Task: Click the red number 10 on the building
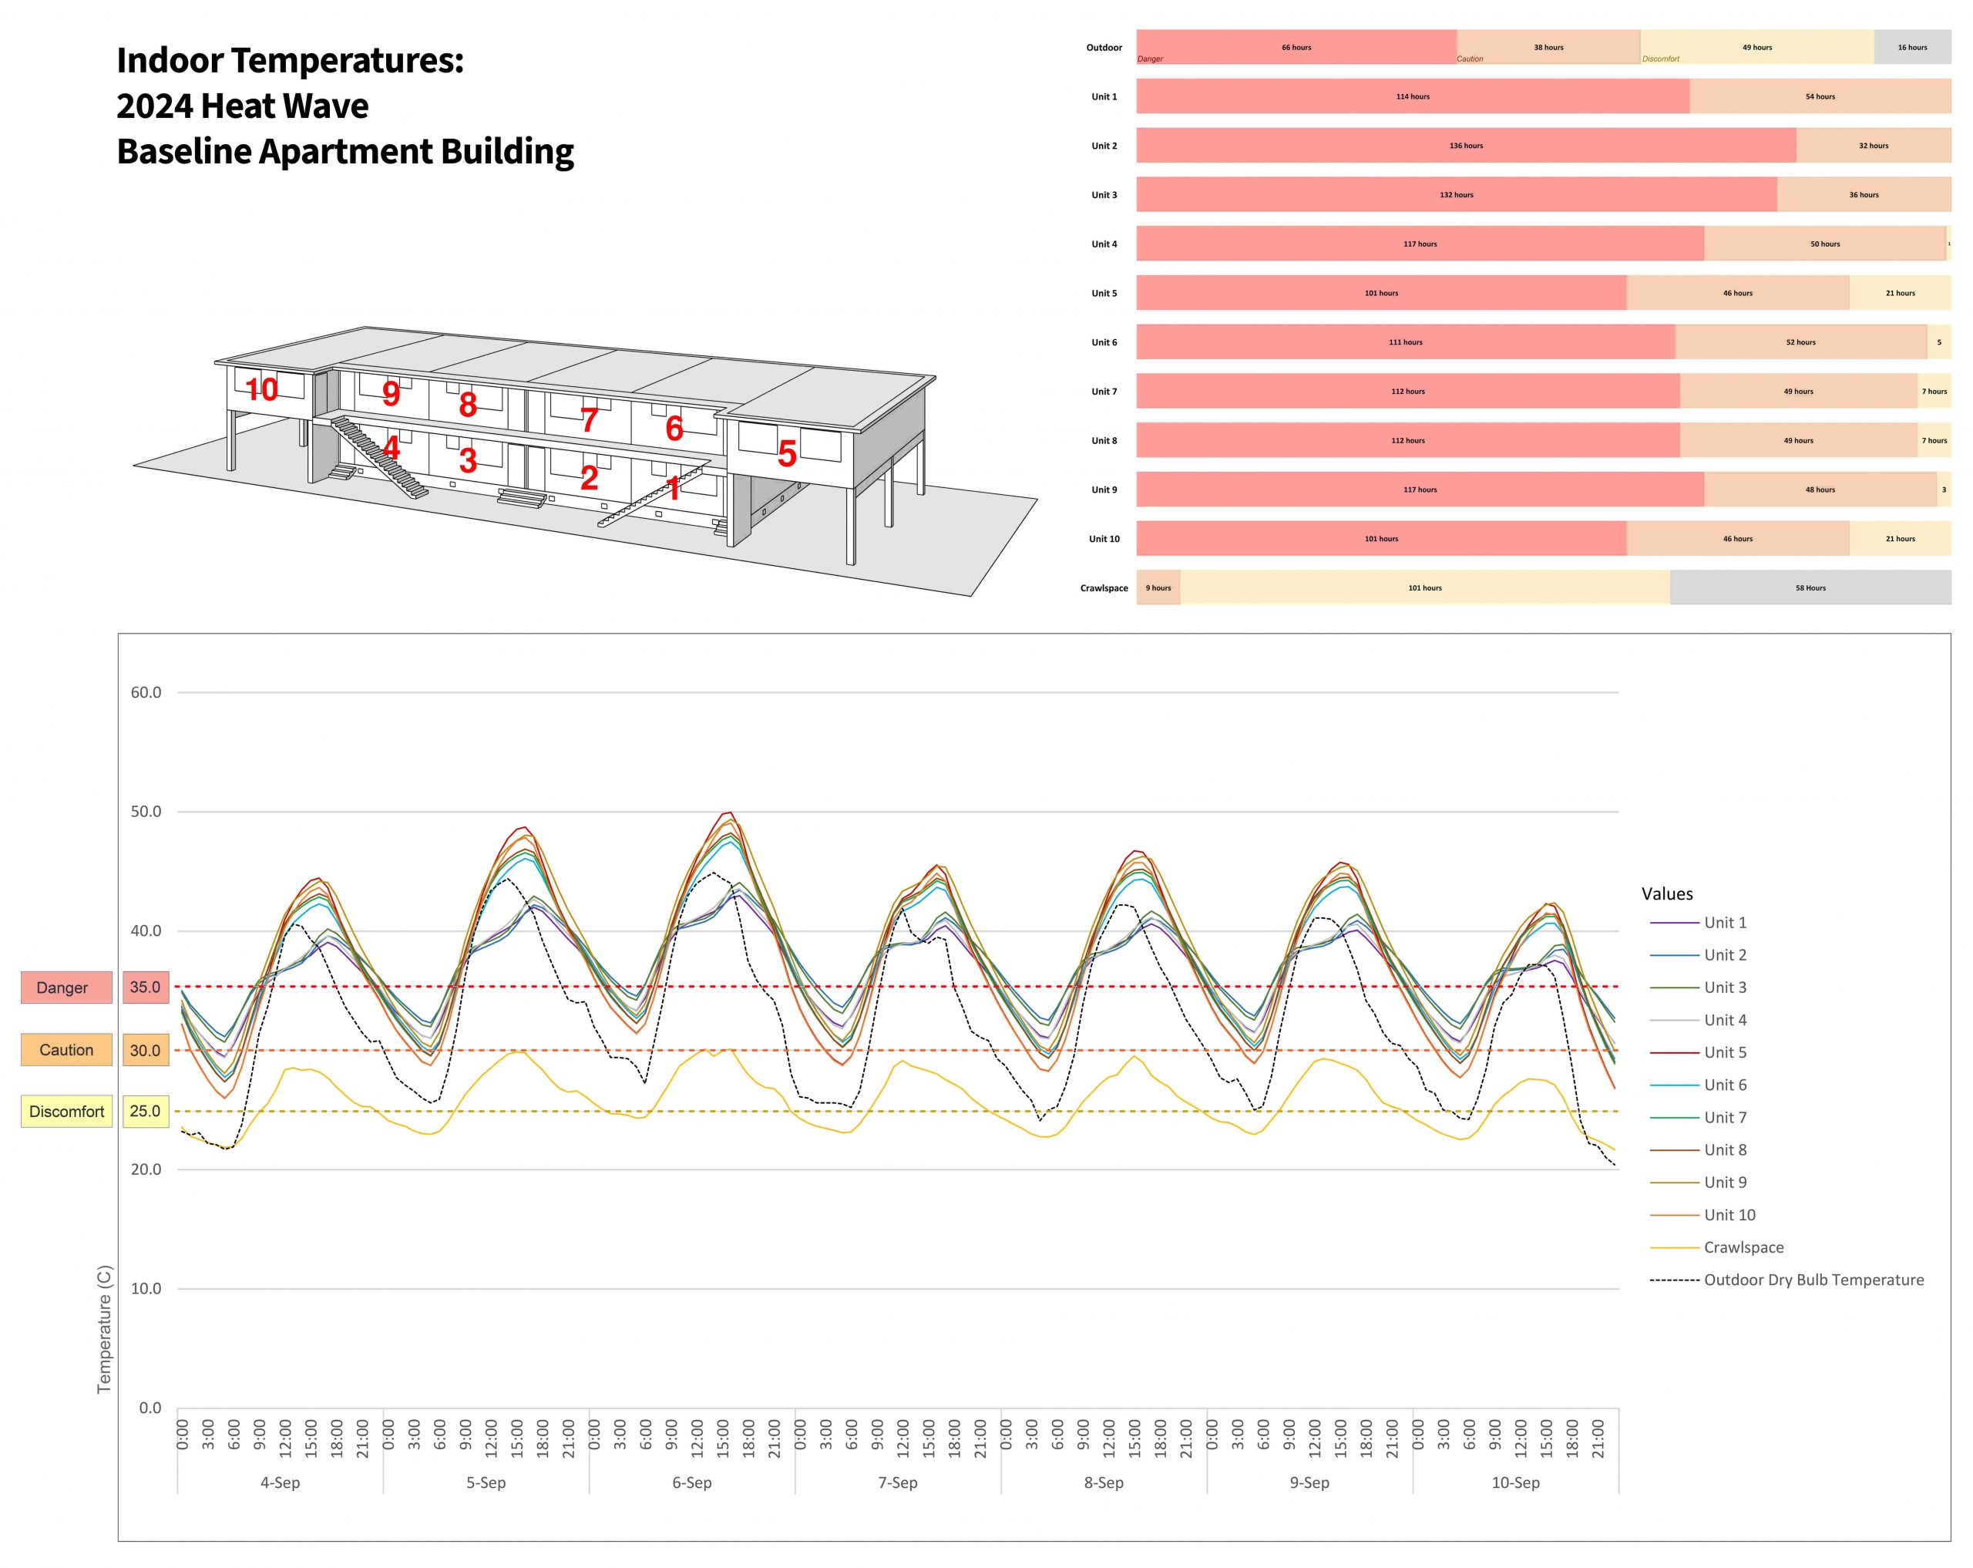coord(262,390)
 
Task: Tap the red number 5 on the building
coord(787,454)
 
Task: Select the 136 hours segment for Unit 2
coord(1466,146)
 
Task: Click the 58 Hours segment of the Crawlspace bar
coord(1810,588)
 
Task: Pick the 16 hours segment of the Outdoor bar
coord(1911,48)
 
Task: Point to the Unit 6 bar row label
coord(1104,342)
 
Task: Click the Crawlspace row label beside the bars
coord(1104,588)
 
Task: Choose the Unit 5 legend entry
coord(1724,1052)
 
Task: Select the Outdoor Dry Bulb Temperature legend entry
coord(1813,1280)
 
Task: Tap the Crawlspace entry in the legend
coord(1743,1247)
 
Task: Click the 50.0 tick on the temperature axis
coord(146,812)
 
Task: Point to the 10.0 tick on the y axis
coord(146,1289)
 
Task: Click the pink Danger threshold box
coord(66,988)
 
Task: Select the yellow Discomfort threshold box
coord(66,1111)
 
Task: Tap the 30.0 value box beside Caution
coord(146,1050)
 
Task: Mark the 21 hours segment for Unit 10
coord(1900,539)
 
